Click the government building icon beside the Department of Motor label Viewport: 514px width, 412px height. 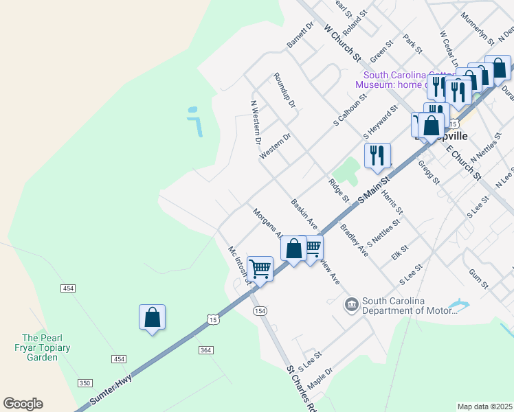tap(352, 304)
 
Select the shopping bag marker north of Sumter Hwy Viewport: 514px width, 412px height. tap(152, 318)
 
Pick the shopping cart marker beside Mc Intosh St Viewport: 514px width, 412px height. tap(260, 268)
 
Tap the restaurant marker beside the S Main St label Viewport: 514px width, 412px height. tap(377, 156)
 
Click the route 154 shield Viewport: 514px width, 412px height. tap(260, 311)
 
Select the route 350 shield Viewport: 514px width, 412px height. tap(85, 382)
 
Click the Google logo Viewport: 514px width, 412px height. tap(23, 404)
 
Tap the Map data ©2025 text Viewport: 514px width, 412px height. tap(484, 407)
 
